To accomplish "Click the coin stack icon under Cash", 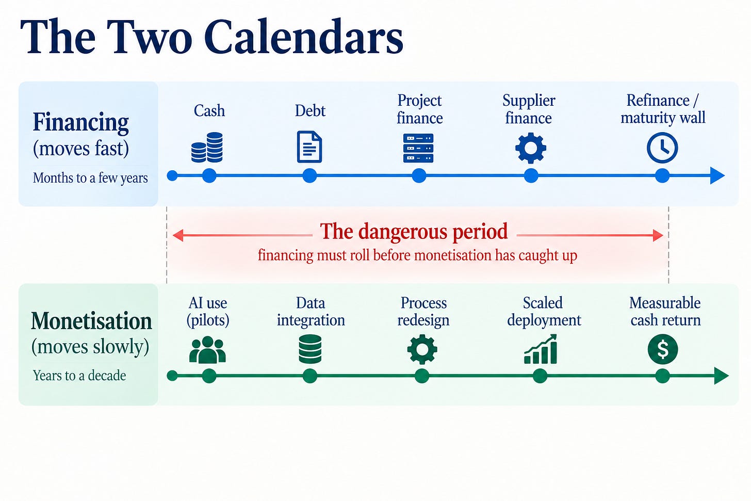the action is coord(207,147).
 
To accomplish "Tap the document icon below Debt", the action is coord(309,147).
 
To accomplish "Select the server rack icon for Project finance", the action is coord(418,148).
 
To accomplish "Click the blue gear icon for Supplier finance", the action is coord(531,148).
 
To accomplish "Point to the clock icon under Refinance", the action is coord(662,148).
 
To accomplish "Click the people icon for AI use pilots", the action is coord(207,350).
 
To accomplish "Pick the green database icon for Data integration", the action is coord(310,349).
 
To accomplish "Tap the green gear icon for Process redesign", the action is coord(422,349).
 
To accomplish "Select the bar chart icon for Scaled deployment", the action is coord(541,349).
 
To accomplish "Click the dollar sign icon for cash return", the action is coord(663,349).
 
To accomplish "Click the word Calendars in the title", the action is coord(303,36).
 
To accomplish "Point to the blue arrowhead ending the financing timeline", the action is coord(717,176).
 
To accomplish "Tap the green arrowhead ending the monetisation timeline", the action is coord(722,376).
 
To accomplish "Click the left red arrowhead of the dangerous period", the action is coord(177,235).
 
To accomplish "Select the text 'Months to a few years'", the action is coord(90,178).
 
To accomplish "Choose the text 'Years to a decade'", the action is coord(79,375).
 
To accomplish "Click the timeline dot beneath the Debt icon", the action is coord(309,176).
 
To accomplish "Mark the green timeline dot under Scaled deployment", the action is coord(540,376).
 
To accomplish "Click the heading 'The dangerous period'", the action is coord(414,232).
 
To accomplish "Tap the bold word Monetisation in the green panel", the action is coord(91,321).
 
